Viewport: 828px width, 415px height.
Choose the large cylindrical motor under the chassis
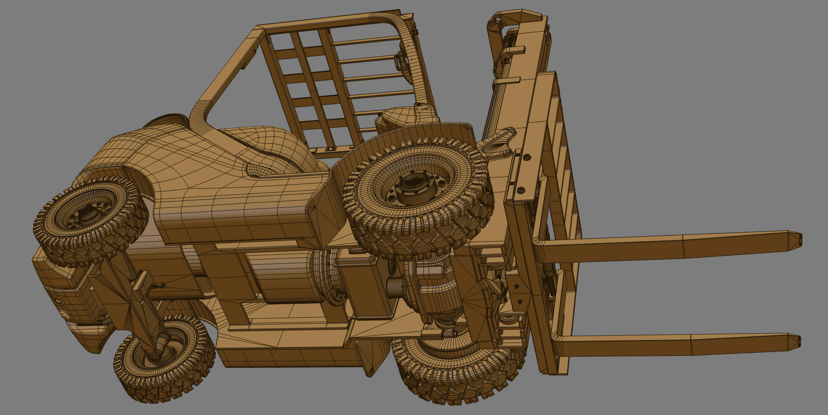tap(285, 276)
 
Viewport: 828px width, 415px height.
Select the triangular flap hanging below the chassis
tap(373, 359)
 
